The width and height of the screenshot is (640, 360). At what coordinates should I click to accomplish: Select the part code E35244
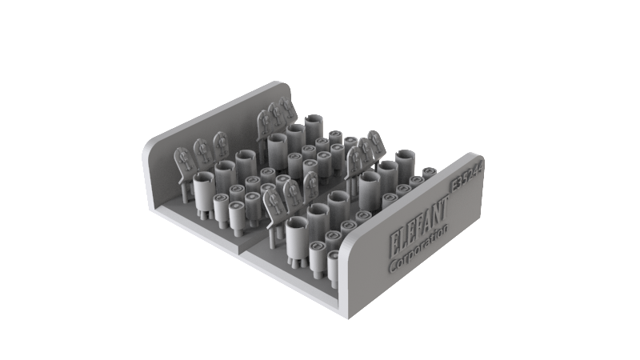(467, 175)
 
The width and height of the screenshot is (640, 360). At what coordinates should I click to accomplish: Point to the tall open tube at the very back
(312, 126)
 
